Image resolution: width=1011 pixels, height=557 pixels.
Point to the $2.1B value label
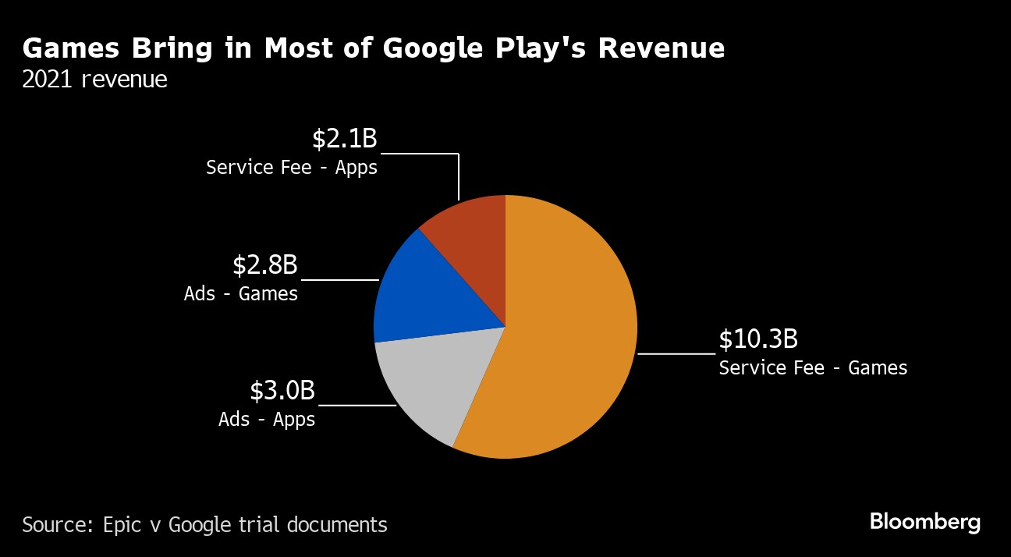pyautogui.click(x=344, y=139)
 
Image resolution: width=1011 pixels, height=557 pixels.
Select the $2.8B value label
pyautogui.click(x=265, y=265)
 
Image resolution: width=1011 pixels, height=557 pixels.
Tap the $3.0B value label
pyautogui.click(x=282, y=391)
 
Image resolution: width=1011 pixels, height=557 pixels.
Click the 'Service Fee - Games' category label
pyautogui.click(x=813, y=367)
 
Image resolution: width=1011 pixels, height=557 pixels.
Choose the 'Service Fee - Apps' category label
pyautogui.click(x=292, y=167)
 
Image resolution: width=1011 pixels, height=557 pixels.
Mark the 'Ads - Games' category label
pyautogui.click(x=241, y=294)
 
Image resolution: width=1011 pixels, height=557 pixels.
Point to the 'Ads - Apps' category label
pyautogui.click(x=267, y=419)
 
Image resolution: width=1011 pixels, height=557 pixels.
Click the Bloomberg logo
pyautogui.click(x=925, y=522)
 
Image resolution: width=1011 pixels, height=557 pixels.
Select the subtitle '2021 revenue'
pyautogui.click(x=94, y=80)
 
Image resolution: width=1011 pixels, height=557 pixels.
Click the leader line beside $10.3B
pyautogui.click(x=676, y=354)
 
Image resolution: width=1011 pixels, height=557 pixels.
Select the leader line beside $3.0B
pyautogui.click(x=357, y=405)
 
